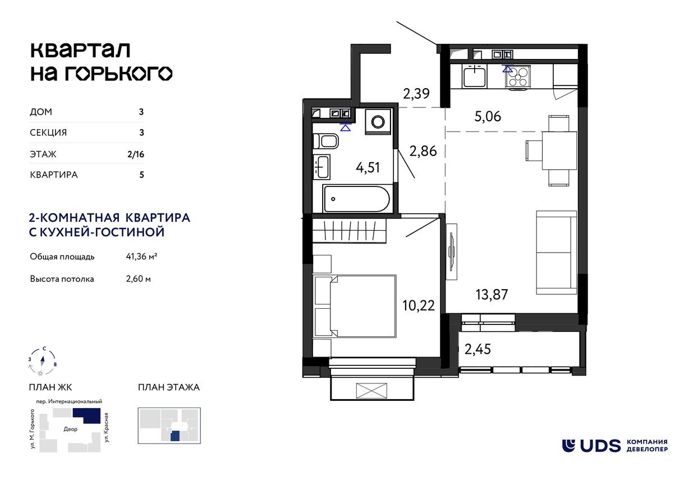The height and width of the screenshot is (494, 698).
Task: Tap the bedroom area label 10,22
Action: coord(419,306)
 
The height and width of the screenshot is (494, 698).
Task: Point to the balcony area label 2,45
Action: coord(477,350)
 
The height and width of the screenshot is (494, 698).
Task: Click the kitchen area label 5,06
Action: coord(487,117)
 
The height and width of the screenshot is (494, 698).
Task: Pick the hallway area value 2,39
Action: coord(416,94)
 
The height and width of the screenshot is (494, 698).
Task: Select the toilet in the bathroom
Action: coord(325,140)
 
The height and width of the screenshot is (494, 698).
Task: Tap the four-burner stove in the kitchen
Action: coord(518,76)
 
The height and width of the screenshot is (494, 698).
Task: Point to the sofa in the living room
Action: coord(556,253)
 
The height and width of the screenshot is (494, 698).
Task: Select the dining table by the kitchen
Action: coord(559,150)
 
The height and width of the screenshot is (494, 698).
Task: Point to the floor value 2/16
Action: coord(136,154)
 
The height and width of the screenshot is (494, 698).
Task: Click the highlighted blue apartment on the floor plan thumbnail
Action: coord(176,436)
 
